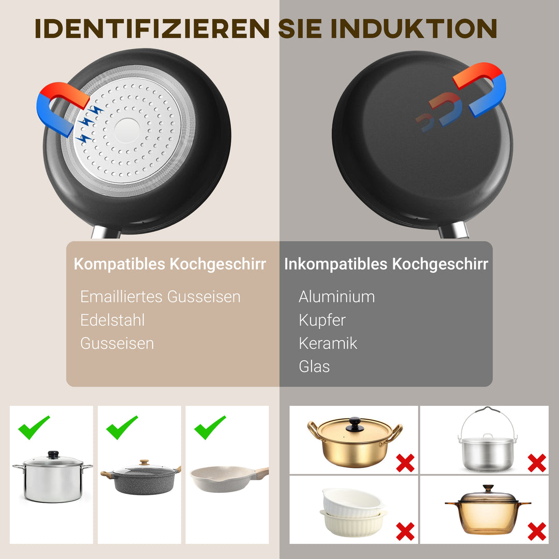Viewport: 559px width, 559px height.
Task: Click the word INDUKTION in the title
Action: pyautogui.click(x=414, y=29)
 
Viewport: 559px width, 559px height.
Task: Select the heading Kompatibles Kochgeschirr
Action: pyautogui.click(x=170, y=264)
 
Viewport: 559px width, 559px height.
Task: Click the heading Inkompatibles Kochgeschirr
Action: pyautogui.click(x=386, y=264)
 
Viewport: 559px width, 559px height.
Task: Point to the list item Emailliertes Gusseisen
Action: pyautogui.click(x=160, y=297)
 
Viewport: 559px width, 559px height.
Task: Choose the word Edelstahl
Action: pyautogui.click(x=112, y=320)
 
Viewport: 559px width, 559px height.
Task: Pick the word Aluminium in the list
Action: pyautogui.click(x=336, y=297)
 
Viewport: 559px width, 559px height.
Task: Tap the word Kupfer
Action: pyautogui.click(x=322, y=320)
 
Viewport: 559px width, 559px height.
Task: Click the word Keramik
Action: pyautogui.click(x=328, y=343)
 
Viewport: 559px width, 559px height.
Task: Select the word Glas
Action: pyautogui.click(x=314, y=366)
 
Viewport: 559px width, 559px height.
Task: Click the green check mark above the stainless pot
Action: pyautogui.click(x=34, y=427)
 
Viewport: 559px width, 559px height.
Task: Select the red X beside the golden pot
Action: pyautogui.click(x=405, y=462)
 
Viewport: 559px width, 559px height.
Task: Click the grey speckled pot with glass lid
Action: pyautogui.click(x=140, y=479)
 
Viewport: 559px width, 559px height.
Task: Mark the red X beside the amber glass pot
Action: pyautogui.click(x=537, y=531)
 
